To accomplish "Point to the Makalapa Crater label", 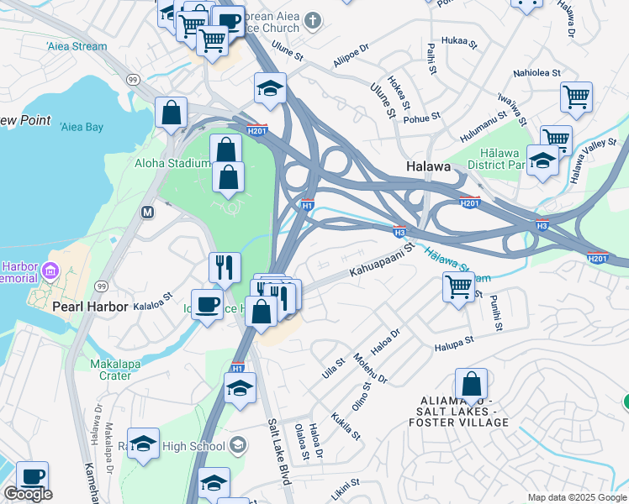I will coord(110,370).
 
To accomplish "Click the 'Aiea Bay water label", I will coord(82,127).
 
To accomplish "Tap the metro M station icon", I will coord(148,213).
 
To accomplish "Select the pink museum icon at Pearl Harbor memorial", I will coord(50,270).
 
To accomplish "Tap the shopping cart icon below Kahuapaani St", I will coord(458,286).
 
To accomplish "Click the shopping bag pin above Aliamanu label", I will coord(472,383).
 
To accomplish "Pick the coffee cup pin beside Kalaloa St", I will coord(207,303).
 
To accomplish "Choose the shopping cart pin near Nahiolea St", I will coord(576,96).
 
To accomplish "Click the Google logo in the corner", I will coord(28,494).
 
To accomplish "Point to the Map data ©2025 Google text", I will coord(576,497).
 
